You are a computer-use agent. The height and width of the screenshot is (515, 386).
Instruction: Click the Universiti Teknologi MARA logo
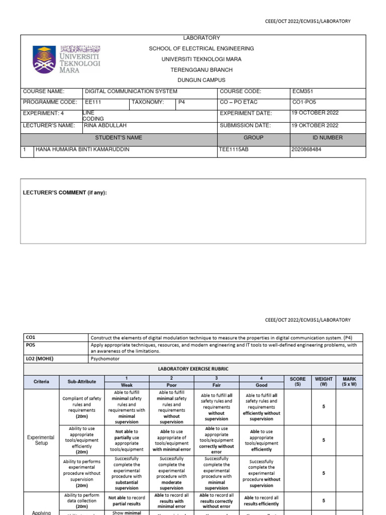66,59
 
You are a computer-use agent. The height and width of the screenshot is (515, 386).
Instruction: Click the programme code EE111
93,102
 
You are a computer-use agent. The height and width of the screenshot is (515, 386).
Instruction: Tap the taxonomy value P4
182,102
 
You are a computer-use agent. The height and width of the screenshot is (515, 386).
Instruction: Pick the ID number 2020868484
308,150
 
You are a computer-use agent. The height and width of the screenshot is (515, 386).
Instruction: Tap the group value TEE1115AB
234,150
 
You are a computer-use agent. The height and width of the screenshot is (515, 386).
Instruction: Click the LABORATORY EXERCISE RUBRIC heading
194,369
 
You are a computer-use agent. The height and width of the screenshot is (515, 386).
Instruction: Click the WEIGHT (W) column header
324,382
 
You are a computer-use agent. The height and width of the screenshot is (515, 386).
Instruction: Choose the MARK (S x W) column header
349,382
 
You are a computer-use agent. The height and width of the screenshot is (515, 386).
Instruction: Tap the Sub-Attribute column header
81,382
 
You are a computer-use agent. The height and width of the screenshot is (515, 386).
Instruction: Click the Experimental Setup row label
41,441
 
